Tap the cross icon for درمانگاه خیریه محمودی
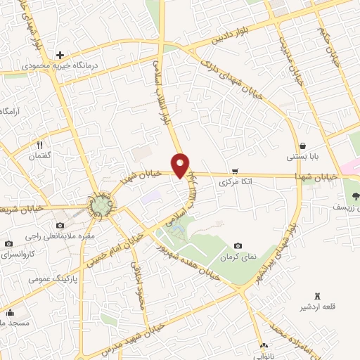point(60,55)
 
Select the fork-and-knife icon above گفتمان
point(40,146)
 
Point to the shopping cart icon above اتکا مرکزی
point(235,171)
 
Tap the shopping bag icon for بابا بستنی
point(302,146)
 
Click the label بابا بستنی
point(302,157)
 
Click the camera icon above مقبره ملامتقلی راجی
point(60,225)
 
